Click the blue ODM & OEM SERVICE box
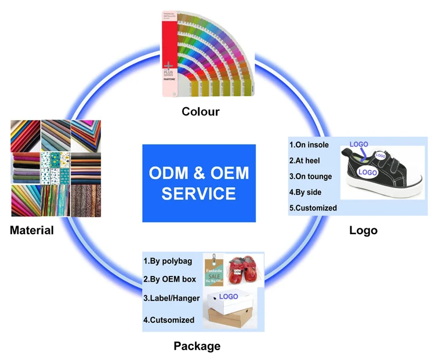199,183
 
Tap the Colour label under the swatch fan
200,111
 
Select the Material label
32,230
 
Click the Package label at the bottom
197,346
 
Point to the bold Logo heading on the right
363,230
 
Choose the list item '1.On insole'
310,144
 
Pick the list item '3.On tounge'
310,176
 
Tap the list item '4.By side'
305,192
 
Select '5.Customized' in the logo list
313,208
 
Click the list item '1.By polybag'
168,261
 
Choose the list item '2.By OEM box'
169,279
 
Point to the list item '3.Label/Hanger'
172,299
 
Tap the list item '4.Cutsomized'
169,319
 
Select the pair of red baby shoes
242,271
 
